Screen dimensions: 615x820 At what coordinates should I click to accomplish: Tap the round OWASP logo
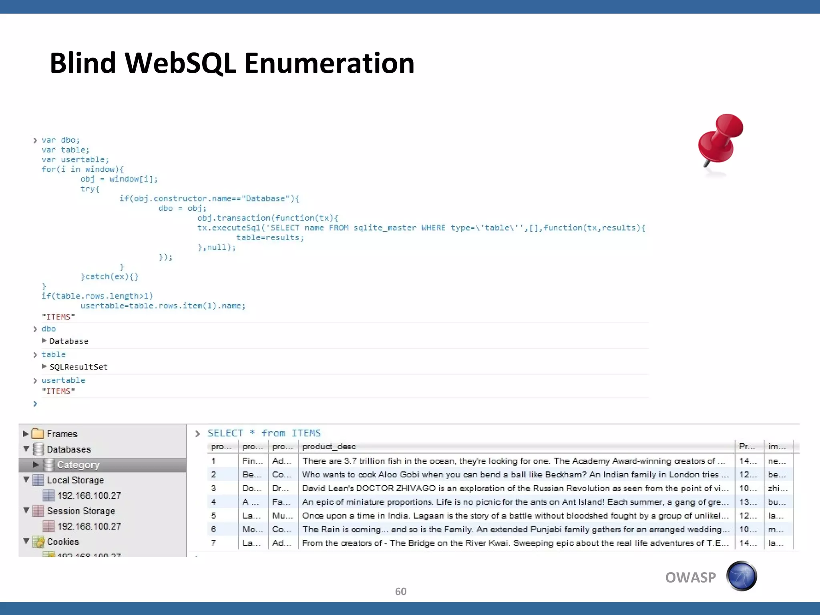coord(742,577)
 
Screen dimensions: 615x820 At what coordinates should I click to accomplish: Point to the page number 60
coord(400,591)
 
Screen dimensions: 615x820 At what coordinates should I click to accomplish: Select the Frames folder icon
coord(38,434)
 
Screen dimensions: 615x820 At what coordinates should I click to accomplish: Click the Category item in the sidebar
coord(78,465)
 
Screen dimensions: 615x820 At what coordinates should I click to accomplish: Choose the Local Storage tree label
coord(75,480)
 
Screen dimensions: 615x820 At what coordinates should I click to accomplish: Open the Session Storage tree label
coord(81,511)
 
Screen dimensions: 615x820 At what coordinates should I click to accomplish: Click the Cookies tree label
coord(63,542)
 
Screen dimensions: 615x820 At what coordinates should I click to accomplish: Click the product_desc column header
coord(329,446)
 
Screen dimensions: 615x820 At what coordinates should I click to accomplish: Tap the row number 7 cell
coord(214,543)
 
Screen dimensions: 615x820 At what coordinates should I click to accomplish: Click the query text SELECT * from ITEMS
coord(264,433)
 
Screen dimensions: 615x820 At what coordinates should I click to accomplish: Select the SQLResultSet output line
coord(78,367)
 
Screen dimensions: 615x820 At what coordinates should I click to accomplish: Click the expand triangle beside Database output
coord(44,341)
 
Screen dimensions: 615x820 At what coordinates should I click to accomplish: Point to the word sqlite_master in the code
coord(385,228)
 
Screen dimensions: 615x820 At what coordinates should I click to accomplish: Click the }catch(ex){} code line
coord(110,277)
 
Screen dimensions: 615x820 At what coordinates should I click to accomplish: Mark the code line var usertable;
coord(75,159)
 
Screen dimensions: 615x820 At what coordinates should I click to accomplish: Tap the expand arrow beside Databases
coord(26,449)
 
